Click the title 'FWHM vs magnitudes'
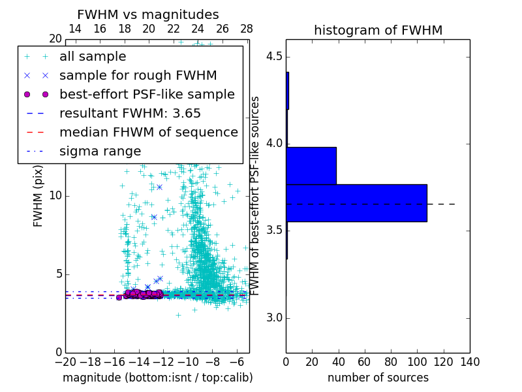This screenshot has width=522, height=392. click(148, 14)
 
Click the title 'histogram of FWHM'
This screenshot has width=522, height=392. click(378, 30)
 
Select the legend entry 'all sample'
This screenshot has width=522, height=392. click(93, 57)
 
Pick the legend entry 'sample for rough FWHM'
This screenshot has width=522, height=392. click(138, 76)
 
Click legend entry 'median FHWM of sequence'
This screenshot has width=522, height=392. click(148, 133)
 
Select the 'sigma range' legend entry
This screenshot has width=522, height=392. click(100, 152)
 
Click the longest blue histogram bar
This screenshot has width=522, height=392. click(356, 203)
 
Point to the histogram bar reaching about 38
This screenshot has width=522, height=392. click(311, 166)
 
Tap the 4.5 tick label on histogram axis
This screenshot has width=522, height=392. click(273, 56)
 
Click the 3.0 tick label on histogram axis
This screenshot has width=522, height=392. click(273, 318)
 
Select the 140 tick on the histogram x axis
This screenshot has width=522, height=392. click(470, 361)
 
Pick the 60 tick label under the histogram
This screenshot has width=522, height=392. click(365, 361)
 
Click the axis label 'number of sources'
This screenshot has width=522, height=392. click(378, 378)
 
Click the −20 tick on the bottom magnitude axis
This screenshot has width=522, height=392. click(65, 361)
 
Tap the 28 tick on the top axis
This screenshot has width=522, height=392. click(247, 29)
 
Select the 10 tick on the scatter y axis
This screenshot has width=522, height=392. click(55, 196)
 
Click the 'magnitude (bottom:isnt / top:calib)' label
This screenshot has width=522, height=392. click(157, 378)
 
